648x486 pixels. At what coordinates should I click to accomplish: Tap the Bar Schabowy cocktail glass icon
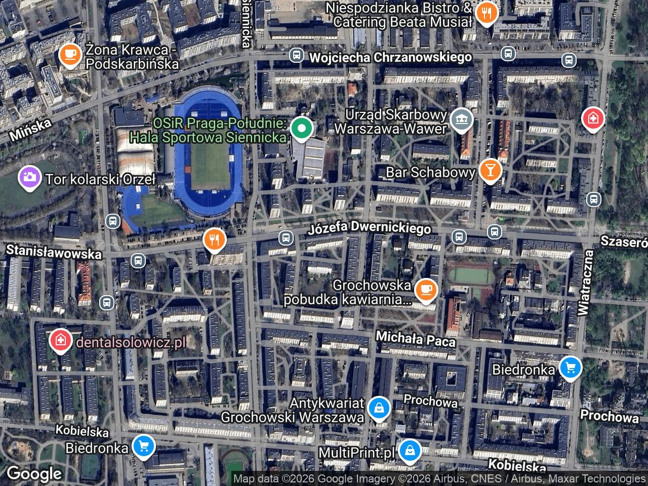pos(490,170)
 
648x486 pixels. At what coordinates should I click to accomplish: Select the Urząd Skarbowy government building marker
pos(461,120)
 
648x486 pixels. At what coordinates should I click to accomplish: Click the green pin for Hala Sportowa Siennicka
pos(302,129)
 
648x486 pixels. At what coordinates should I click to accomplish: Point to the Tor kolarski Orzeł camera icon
pos(29,177)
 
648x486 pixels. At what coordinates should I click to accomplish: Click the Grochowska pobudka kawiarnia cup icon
pos(426,290)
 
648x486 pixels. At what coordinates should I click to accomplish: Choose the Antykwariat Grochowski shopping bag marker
pos(378,407)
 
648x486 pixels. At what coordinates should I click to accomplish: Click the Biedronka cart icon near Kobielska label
pos(144,446)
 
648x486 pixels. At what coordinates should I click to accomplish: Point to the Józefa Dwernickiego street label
pos(370,229)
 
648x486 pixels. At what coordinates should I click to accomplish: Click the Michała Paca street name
pos(415,339)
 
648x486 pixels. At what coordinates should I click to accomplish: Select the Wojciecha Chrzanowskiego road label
pos(390,57)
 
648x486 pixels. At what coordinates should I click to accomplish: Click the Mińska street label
pos(30,130)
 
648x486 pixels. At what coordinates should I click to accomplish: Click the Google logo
pos(33,474)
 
